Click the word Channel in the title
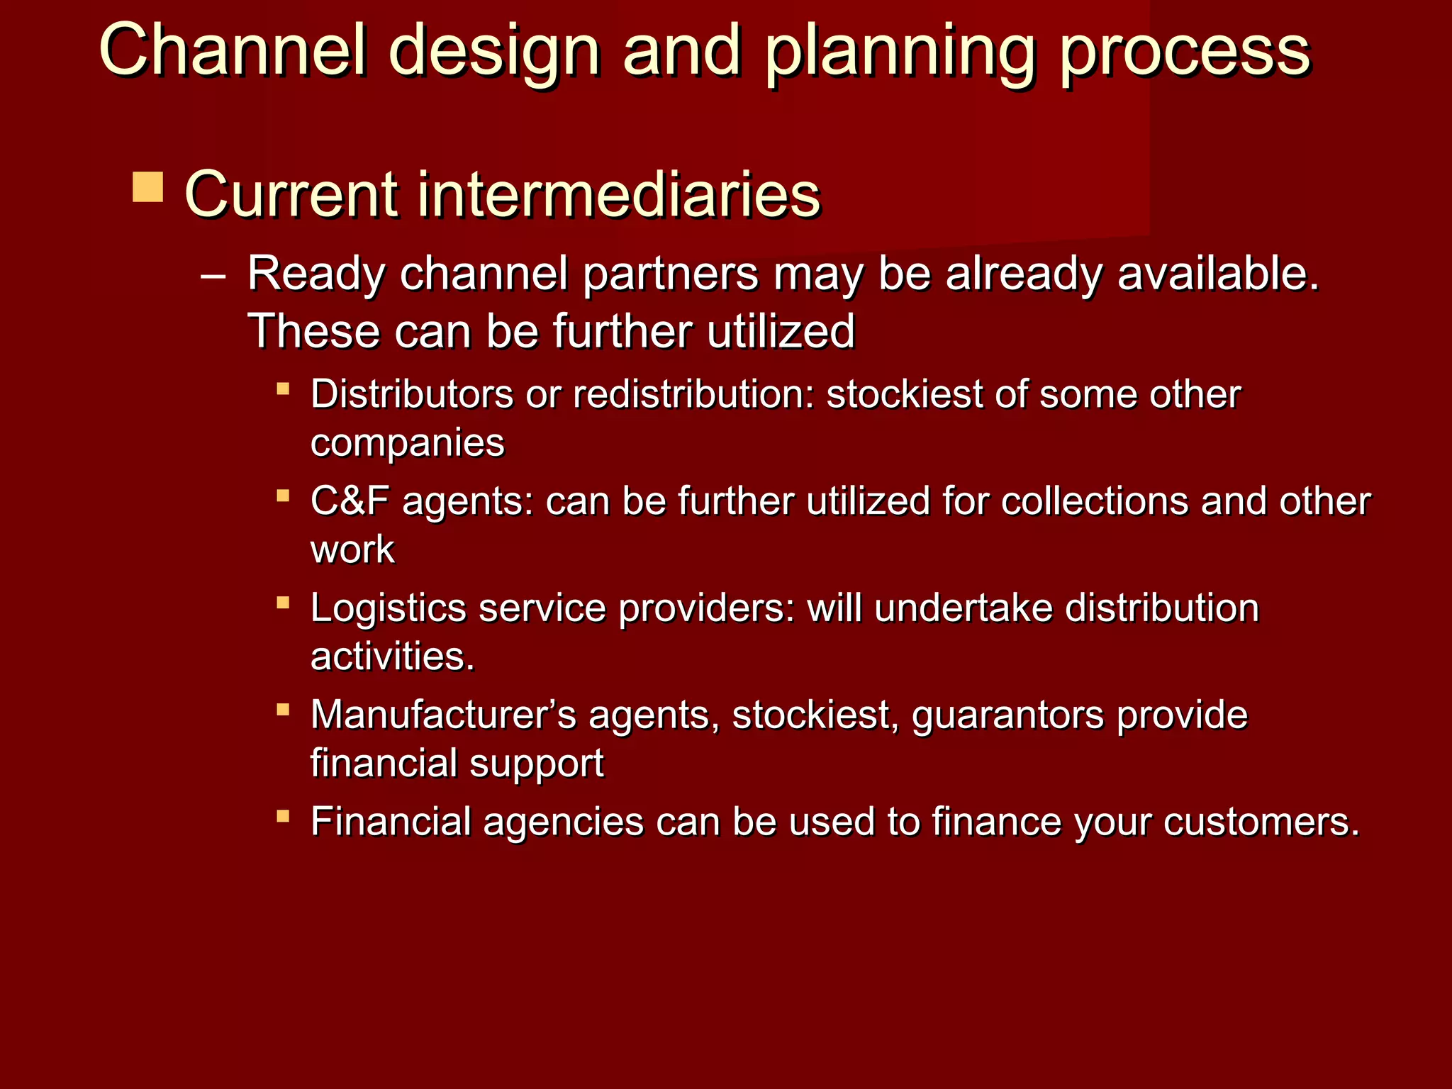234,50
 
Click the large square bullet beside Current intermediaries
147,186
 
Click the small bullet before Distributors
283,389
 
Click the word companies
408,444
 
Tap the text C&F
350,501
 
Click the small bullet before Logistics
283,603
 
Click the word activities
391,657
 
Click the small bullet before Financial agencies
283,816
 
